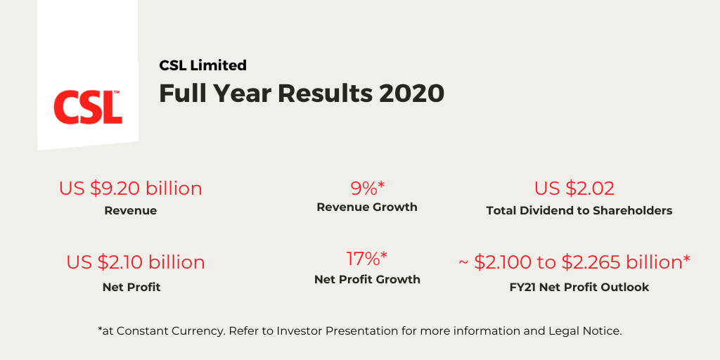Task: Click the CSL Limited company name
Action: [202, 65]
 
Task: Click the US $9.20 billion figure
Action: [130, 188]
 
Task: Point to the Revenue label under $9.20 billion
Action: [130, 210]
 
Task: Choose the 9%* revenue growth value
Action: [368, 188]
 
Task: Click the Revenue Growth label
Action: [367, 207]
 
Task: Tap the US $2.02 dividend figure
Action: [574, 188]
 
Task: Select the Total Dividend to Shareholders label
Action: [579, 210]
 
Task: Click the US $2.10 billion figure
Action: [136, 262]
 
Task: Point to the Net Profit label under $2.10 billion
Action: [131, 287]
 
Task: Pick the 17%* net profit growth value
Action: [367, 258]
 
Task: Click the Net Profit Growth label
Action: [367, 279]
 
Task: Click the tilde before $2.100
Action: [463, 263]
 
